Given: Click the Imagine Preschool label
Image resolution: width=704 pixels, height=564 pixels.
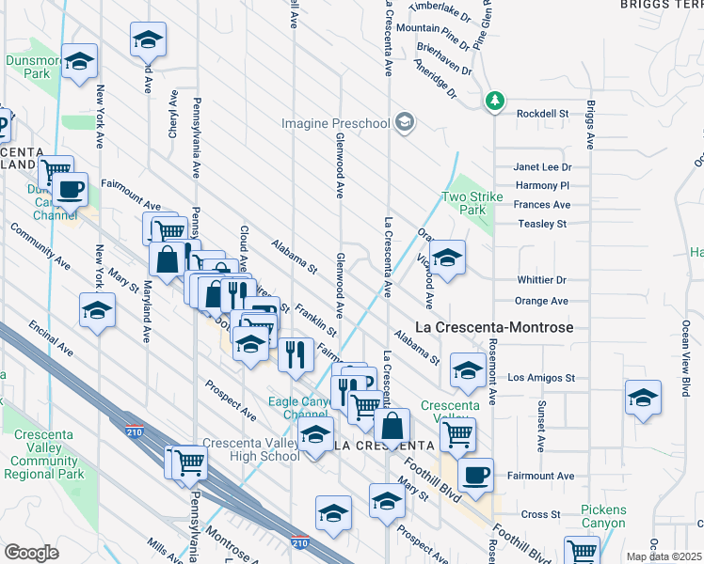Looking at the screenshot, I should (336, 124).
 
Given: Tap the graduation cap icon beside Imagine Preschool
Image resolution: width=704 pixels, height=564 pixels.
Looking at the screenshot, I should (405, 123).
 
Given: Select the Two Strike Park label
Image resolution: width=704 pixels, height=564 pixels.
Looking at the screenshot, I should (466, 204).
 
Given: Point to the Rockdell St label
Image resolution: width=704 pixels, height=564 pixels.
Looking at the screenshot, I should (544, 113).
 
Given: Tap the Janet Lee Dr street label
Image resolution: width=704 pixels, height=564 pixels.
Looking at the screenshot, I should (542, 166).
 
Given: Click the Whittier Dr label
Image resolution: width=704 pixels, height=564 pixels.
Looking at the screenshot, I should (542, 280).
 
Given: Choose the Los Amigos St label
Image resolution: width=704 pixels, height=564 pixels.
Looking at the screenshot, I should (541, 378).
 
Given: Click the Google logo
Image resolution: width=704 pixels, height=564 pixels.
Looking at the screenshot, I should (30, 553).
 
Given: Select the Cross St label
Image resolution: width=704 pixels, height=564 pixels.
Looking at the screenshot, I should (541, 514).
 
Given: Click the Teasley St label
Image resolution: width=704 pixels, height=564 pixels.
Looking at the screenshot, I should (542, 225).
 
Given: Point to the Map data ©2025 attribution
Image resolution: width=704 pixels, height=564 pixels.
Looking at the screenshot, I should (664, 556).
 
